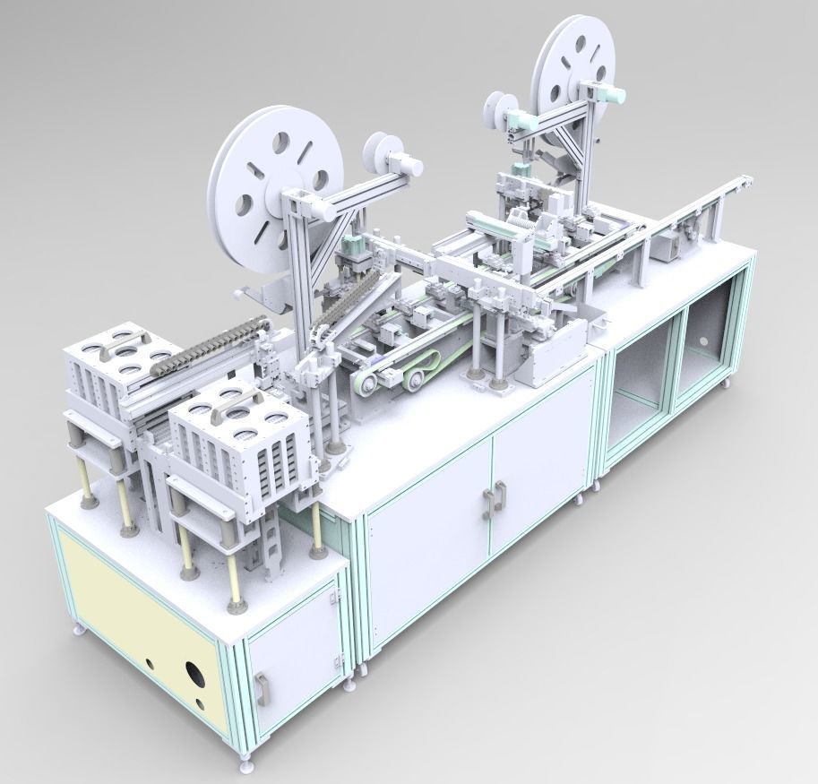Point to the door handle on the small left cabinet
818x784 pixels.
tap(261, 689)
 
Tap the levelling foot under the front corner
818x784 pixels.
tap(243, 763)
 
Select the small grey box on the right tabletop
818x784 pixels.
tap(665, 244)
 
